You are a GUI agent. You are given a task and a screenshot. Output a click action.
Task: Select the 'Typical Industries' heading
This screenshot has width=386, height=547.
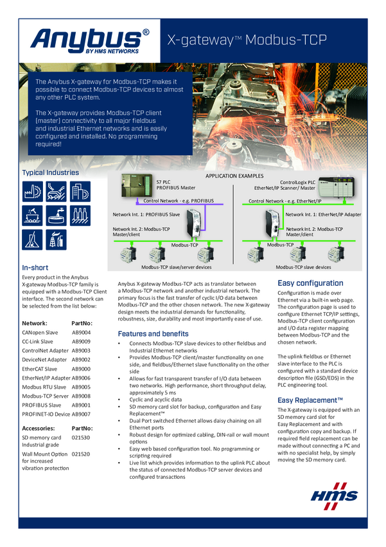pos(51,172)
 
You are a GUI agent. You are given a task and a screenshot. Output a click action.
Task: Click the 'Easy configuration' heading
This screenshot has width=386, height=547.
pos(310,283)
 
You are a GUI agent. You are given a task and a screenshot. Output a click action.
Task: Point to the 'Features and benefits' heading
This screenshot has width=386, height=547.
pos(153,333)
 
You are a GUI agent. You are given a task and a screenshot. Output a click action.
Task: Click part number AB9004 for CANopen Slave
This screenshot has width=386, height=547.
pos(81,333)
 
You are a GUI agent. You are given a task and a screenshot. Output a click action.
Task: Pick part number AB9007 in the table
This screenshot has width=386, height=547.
pos(81,414)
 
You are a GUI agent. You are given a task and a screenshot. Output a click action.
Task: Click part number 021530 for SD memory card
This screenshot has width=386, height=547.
pos(82,438)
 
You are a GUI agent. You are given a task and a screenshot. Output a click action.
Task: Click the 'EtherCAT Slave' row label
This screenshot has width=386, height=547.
pos(40,369)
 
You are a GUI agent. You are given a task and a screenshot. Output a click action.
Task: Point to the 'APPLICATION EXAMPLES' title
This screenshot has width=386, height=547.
pos(234,176)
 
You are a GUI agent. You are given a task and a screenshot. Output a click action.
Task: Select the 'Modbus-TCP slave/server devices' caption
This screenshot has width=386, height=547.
pos(177,266)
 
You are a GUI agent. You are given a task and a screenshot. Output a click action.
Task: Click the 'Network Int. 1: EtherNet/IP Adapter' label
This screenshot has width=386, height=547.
pos(323,214)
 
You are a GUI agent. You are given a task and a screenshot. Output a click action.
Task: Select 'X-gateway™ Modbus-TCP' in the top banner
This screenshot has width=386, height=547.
pos(247,40)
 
